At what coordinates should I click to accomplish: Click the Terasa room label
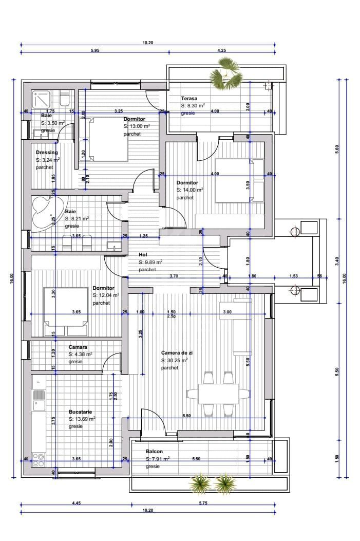click(x=189, y=98)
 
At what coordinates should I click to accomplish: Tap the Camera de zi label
click(x=177, y=352)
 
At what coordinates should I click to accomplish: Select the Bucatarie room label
click(x=80, y=412)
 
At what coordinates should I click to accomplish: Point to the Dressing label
click(x=47, y=153)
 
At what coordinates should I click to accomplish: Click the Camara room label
click(x=78, y=347)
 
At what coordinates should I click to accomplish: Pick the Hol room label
click(x=143, y=255)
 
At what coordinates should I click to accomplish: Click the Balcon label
click(x=154, y=451)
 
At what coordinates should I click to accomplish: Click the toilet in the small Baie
click(x=65, y=99)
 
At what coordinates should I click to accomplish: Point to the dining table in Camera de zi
click(x=218, y=394)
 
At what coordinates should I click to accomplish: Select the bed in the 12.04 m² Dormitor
click(x=66, y=311)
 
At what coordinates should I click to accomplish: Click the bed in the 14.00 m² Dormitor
click(x=239, y=180)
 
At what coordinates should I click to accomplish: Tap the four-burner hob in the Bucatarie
click(x=39, y=460)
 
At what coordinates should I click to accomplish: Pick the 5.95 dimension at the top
click(x=95, y=50)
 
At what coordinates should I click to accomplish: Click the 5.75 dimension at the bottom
click(x=203, y=503)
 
